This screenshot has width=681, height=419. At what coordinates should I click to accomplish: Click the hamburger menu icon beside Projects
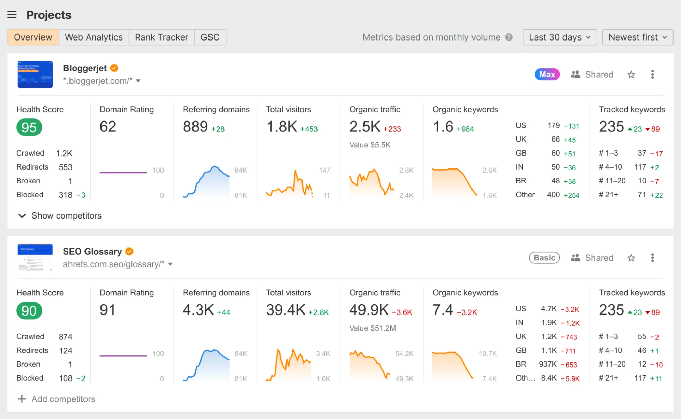(12, 15)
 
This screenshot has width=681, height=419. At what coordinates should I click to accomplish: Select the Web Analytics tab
(94, 37)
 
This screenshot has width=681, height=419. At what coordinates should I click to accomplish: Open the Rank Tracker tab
(161, 37)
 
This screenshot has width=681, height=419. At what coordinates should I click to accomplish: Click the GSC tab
(210, 37)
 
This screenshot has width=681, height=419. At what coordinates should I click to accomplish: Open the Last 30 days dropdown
(559, 37)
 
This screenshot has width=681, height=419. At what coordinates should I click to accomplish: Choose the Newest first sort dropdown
(637, 37)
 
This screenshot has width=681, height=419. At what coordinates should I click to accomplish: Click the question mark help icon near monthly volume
(509, 37)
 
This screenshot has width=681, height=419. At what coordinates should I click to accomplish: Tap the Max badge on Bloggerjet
(547, 75)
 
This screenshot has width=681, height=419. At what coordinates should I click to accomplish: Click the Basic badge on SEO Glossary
(544, 258)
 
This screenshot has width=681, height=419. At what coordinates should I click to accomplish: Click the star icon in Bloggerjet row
(631, 75)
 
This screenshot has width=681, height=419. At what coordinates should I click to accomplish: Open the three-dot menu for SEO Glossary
(652, 258)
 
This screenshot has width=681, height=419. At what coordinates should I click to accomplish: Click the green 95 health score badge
(29, 127)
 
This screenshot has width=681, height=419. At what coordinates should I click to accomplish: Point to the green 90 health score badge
(29, 310)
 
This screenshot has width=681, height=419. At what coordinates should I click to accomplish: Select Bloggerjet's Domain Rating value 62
(108, 127)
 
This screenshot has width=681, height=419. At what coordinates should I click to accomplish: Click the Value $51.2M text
(372, 328)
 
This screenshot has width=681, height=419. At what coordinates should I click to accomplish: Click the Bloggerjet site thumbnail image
(35, 75)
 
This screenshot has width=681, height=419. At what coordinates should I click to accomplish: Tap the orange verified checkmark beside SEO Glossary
(129, 252)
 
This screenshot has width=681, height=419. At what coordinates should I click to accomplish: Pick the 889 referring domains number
(195, 127)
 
